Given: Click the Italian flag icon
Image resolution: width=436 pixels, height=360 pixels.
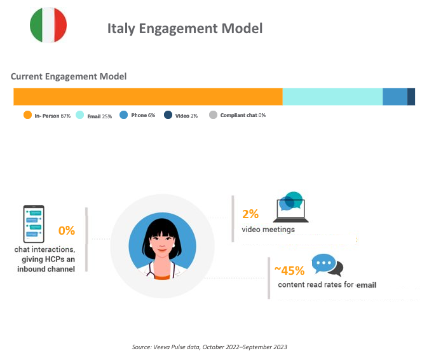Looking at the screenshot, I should [48, 25].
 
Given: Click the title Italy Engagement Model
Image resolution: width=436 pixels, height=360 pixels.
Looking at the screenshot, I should [184, 29].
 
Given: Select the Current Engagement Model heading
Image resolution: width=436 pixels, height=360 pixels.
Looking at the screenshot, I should [69, 76].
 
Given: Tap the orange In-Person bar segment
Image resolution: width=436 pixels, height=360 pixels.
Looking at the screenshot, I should [147, 97].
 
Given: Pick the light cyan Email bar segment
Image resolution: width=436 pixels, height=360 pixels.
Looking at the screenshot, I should [332, 97].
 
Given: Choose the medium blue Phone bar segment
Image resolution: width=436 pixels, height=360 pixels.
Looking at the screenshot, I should [395, 97].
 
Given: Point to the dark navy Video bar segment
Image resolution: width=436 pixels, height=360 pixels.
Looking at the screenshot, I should [411, 97].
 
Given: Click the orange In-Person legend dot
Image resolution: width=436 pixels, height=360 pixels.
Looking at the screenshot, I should [27, 115].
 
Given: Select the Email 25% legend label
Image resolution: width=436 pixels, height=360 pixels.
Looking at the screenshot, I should [99, 116].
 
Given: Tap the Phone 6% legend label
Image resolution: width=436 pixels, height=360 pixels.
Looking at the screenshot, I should [143, 115].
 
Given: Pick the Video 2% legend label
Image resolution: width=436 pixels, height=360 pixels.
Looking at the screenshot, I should [186, 115].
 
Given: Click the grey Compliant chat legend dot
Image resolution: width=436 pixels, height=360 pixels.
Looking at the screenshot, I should [214, 115].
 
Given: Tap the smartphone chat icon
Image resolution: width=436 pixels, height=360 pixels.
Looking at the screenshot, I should [34, 222].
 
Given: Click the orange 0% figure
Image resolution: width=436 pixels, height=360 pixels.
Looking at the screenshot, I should [67, 231].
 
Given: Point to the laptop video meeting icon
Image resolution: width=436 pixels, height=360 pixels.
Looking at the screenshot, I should [291, 207].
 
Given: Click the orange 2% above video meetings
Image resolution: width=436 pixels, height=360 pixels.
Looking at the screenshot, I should [250, 214].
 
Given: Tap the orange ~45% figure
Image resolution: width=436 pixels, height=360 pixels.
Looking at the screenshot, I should [290, 270].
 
